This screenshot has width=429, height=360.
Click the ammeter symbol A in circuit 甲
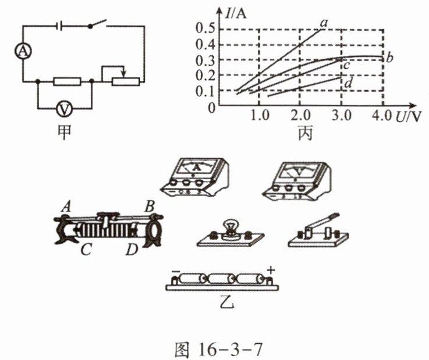tap(23, 51)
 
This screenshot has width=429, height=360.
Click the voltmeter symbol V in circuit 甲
tap(64, 109)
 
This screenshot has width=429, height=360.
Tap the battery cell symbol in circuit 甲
tap(59, 26)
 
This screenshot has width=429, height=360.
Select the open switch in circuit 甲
tap(98, 24)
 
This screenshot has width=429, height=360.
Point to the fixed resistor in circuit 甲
tap(67, 81)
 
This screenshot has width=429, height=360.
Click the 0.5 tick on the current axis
tap(206, 28)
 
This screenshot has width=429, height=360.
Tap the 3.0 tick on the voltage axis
tap(342, 115)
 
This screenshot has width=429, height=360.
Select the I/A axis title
tap(236, 13)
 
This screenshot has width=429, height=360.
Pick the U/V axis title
tap(407, 116)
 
